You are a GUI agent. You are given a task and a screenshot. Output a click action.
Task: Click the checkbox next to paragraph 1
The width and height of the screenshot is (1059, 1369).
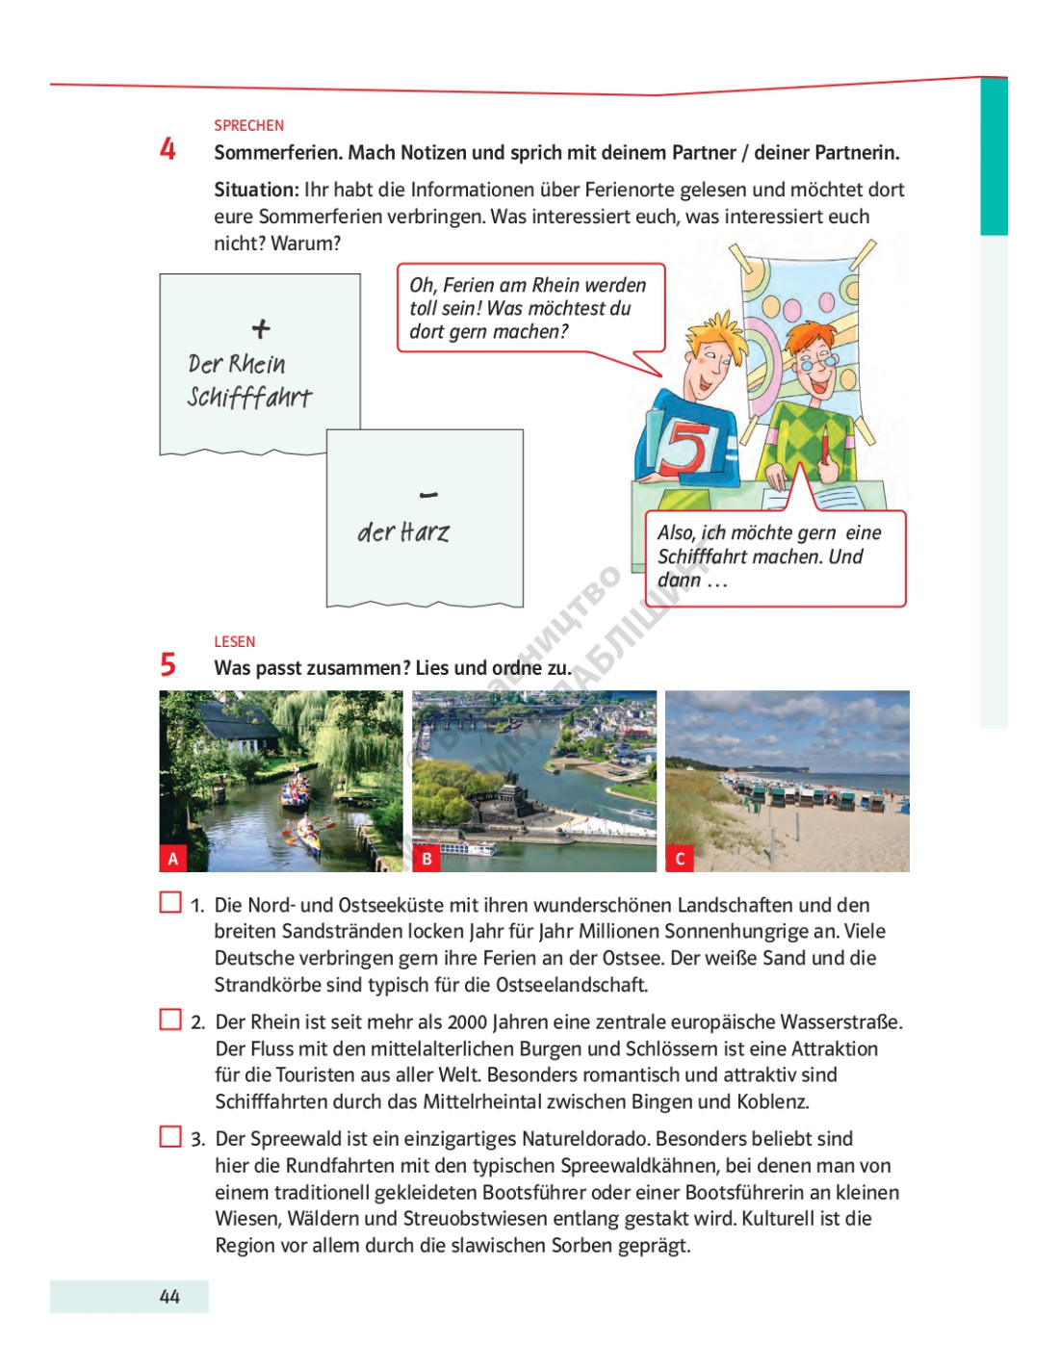(170, 902)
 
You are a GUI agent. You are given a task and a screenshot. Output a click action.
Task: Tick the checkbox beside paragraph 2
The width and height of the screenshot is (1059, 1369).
(170, 1019)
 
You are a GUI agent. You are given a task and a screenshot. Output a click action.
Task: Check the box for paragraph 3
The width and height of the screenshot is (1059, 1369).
(170, 1136)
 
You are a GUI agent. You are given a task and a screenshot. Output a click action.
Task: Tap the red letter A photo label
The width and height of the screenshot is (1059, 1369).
(173, 859)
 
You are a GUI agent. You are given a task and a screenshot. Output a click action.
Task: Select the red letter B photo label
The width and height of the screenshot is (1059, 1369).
(426, 859)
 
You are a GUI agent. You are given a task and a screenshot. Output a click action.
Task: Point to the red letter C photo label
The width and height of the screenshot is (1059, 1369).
(680, 859)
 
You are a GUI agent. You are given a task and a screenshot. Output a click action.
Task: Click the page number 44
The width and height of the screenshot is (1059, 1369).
(169, 1297)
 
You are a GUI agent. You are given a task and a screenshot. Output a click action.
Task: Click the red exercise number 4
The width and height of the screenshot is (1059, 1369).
(168, 149)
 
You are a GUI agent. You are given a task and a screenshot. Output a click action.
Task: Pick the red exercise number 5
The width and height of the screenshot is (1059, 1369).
(168, 665)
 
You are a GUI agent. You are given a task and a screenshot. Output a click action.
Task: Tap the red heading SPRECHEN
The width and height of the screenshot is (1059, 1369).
(248, 125)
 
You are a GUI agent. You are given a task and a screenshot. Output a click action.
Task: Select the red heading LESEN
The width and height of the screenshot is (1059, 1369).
(234, 641)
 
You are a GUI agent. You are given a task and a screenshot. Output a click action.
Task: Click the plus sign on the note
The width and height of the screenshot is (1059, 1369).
(261, 329)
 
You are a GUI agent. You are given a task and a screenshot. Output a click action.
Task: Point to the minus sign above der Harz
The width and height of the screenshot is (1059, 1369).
(429, 495)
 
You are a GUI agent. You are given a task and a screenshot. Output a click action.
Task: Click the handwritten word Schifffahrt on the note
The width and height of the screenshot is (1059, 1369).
(249, 397)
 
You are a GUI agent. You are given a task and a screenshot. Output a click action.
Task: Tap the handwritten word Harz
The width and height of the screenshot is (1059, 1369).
(425, 532)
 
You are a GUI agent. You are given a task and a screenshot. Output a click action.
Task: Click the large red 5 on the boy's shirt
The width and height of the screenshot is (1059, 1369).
(686, 447)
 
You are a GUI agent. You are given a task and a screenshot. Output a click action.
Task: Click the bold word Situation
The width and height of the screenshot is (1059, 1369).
(256, 190)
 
